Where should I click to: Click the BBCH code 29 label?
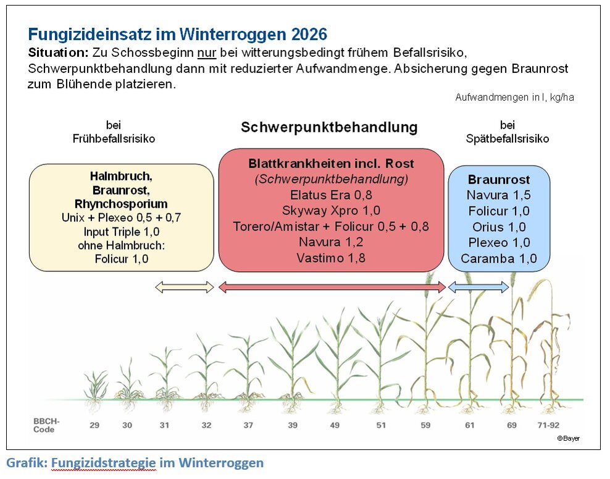click(x=94, y=425)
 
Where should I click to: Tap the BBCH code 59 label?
click(x=425, y=425)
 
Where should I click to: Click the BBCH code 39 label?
click(x=293, y=425)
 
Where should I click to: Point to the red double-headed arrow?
click(x=332, y=287)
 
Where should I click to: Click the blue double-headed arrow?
click(x=478, y=287)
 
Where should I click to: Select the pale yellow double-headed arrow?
click(x=184, y=287)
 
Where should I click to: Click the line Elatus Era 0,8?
click(x=332, y=195)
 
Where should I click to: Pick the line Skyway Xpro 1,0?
click(x=332, y=210)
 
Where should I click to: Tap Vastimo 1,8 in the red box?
click(x=332, y=258)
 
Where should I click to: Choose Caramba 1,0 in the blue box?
click(x=499, y=258)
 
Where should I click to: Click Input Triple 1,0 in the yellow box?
click(x=122, y=232)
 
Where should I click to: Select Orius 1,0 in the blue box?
click(x=499, y=227)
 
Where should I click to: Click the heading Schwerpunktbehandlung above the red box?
click(x=329, y=127)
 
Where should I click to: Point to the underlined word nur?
click(x=206, y=53)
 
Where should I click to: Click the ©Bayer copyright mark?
click(x=568, y=438)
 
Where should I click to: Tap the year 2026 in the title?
click(x=303, y=34)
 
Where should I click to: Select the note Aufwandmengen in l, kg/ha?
click(x=515, y=98)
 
